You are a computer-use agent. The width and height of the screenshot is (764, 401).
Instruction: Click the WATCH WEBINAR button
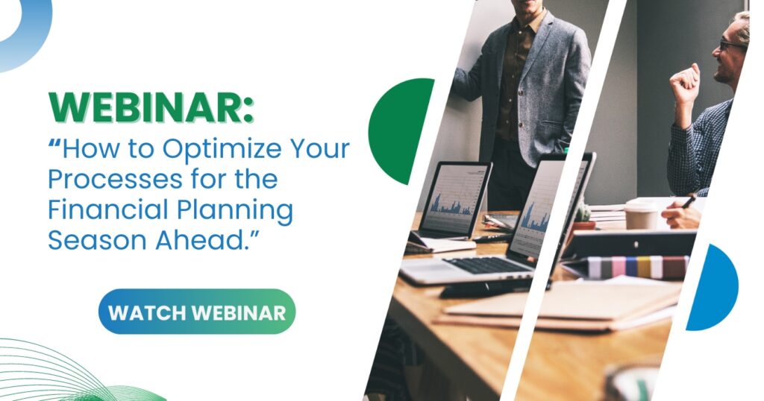click(197, 312)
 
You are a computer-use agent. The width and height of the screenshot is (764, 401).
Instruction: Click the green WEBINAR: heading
click(151, 107)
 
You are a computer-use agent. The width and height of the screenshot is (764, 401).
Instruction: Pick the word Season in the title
click(97, 240)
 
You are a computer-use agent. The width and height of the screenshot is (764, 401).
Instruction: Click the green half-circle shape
click(400, 131)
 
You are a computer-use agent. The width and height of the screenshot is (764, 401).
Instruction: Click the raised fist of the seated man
click(686, 83)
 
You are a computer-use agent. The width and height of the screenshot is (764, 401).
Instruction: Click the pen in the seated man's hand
click(689, 202)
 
